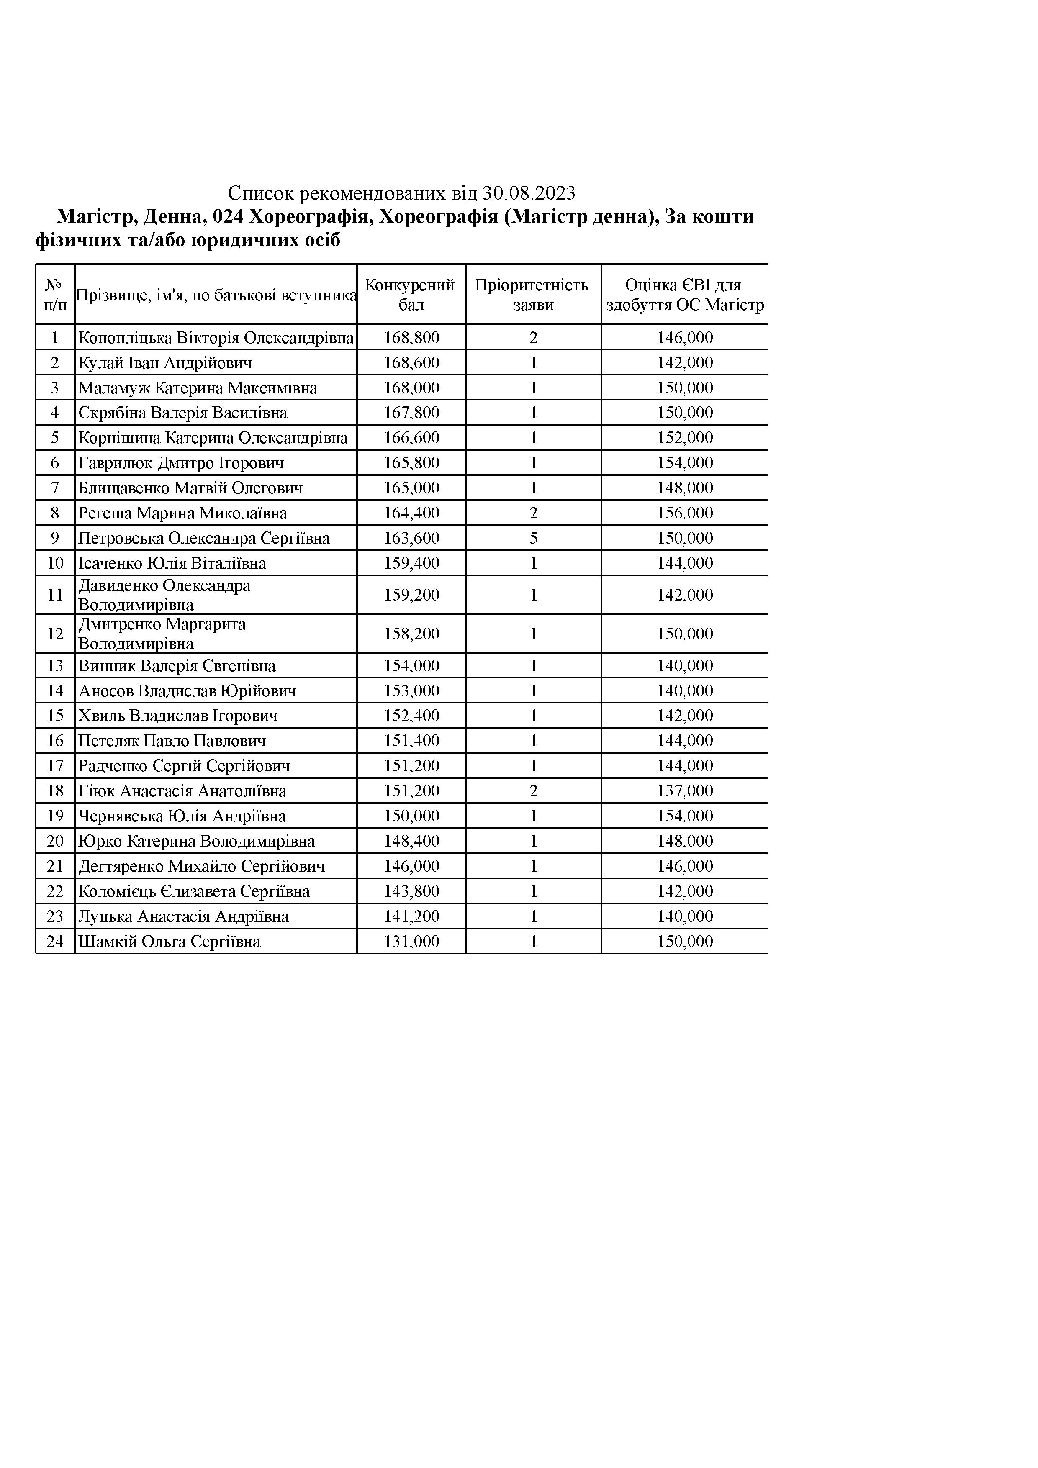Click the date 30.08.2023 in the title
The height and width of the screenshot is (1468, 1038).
pyautogui.click(x=529, y=193)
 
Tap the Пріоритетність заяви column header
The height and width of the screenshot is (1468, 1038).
pyautogui.click(x=533, y=295)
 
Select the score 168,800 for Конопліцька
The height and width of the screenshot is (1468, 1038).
pyautogui.click(x=411, y=338)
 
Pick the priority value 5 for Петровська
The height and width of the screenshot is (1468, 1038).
pyautogui.click(x=533, y=538)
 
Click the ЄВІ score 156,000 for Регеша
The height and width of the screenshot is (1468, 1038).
pyautogui.click(x=685, y=513)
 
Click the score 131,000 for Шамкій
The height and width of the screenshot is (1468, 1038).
pyautogui.click(x=411, y=942)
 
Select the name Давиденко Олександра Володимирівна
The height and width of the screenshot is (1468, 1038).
pyautogui.click(x=164, y=595)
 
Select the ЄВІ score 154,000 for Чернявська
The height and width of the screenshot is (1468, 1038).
pyautogui.click(x=685, y=816)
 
